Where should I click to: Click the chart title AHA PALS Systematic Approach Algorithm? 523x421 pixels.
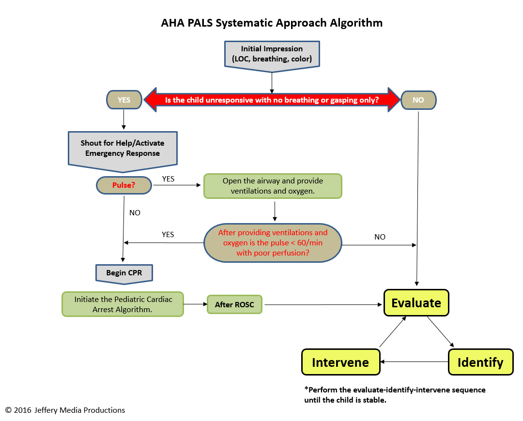(x=272, y=23)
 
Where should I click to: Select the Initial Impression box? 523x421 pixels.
(x=272, y=54)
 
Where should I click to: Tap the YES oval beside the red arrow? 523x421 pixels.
(x=124, y=100)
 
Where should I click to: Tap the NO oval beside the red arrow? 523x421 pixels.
(x=418, y=100)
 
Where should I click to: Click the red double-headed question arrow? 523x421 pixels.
(x=272, y=100)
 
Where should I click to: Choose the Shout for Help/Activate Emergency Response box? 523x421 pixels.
(x=123, y=148)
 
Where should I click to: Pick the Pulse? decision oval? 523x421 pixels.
(x=123, y=185)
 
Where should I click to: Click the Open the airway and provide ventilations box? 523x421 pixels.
(x=273, y=186)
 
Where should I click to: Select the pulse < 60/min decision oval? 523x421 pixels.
(x=273, y=242)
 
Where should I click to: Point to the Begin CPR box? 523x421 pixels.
(x=124, y=273)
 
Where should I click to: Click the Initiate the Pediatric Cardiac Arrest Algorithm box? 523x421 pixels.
(x=123, y=304)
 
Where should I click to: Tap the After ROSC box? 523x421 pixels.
(x=234, y=305)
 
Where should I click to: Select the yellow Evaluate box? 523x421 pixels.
(x=416, y=303)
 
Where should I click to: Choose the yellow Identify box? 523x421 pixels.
(x=480, y=362)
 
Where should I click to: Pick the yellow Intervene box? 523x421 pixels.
(x=340, y=362)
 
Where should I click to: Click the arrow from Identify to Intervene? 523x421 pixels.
(x=414, y=361)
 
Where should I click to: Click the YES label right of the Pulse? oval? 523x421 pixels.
(x=168, y=179)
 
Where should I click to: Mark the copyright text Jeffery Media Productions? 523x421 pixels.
(x=65, y=410)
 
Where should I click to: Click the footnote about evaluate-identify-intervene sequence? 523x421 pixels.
(x=394, y=394)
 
